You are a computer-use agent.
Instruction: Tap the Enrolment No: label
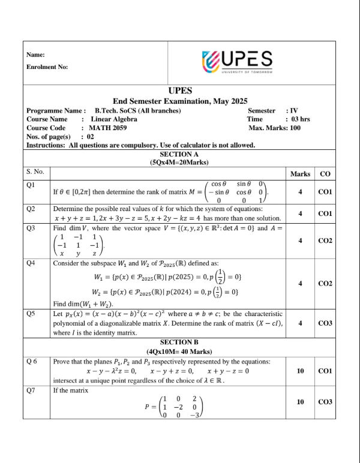tap(47, 67)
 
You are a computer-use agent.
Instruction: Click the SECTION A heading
tap(180, 154)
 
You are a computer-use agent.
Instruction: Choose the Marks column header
tap(300, 174)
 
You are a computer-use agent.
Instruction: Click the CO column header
tap(325, 174)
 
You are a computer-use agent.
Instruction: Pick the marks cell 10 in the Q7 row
tap(300, 402)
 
